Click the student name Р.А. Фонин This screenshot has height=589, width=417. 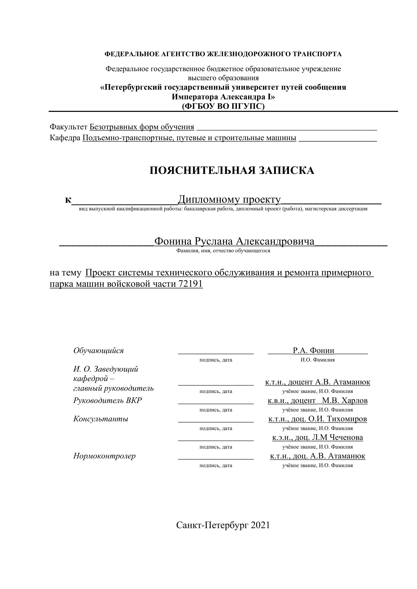click(x=314, y=350)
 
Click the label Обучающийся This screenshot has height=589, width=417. click(x=98, y=350)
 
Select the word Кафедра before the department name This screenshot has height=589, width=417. click(x=65, y=138)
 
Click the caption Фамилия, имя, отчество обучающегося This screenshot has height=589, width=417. click(x=223, y=251)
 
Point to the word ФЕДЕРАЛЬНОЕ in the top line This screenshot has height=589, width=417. click(x=132, y=54)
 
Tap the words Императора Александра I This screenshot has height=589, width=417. click(x=223, y=97)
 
